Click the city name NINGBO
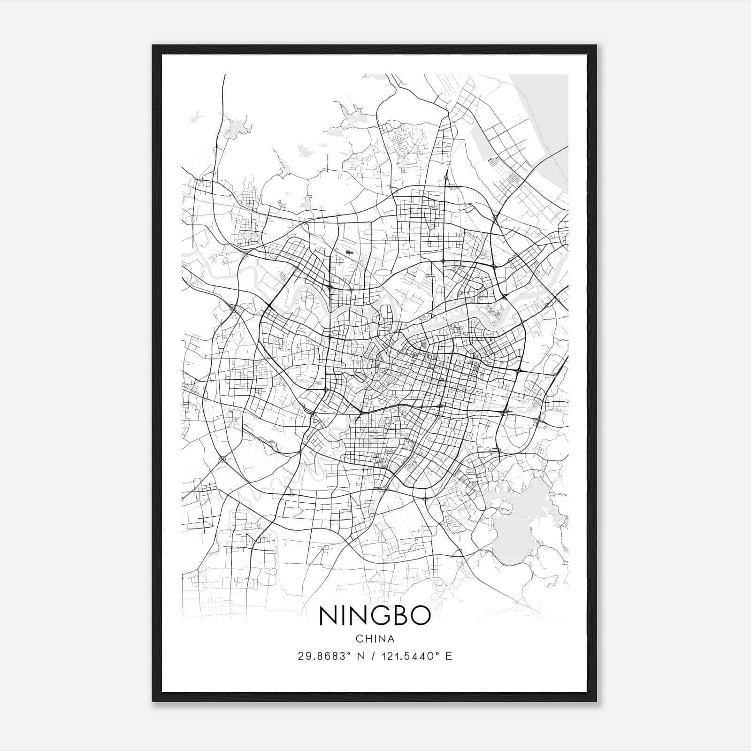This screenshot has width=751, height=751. coord(375,615)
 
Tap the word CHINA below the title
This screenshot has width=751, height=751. coord(375,639)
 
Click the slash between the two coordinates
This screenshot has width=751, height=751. coord(372,656)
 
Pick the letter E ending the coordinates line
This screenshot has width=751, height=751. coord(449,656)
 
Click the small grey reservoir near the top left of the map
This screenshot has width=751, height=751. coord(235,129)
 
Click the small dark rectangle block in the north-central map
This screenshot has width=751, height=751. coord(349,253)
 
